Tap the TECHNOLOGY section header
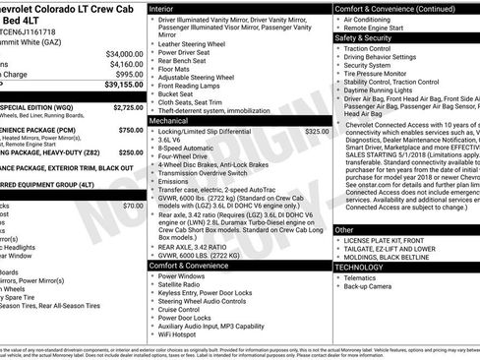(x=360, y=267)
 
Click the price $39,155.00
(x=120, y=85)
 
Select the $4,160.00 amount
(x=124, y=63)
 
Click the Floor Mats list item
(x=177, y=71)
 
